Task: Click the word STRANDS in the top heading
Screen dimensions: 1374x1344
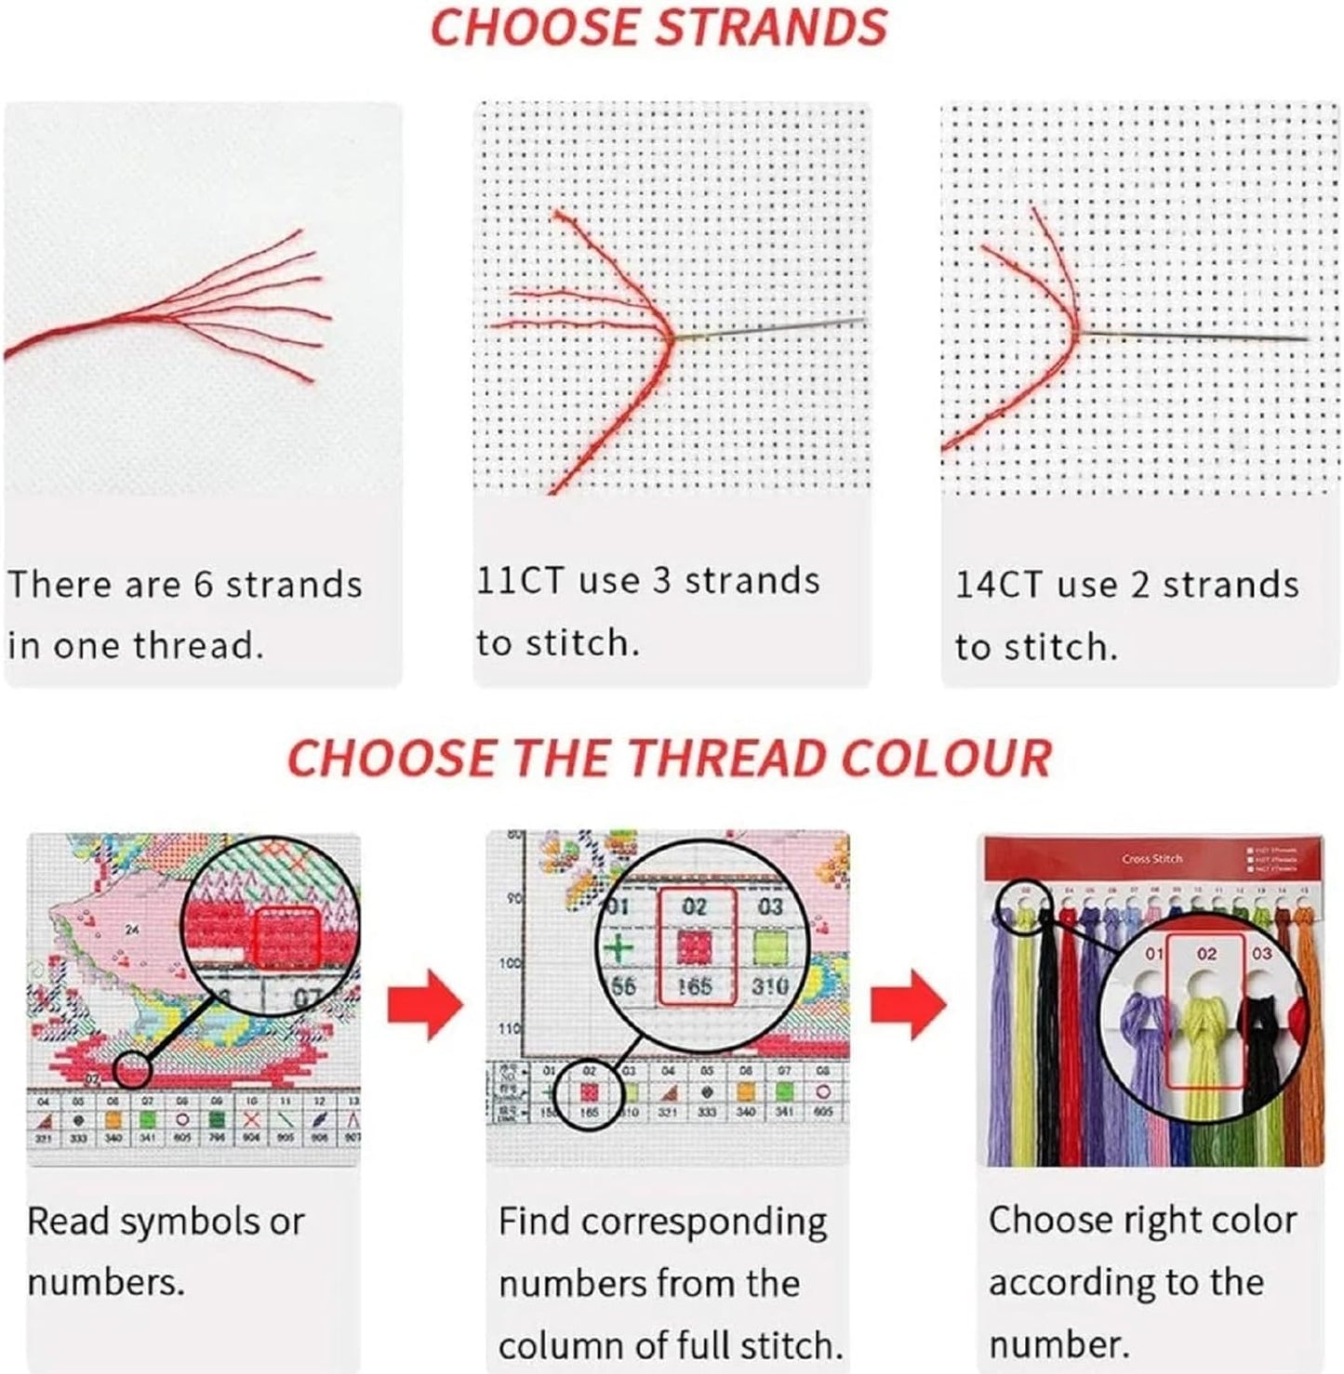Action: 771,27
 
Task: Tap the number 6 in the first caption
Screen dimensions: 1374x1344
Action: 204,585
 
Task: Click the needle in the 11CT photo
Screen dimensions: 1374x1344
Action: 772,330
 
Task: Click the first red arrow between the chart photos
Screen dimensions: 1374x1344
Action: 424,1004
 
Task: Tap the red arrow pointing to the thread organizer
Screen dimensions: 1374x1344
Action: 908,1004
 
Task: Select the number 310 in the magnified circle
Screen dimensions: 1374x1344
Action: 769,985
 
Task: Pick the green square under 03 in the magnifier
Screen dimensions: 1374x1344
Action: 769,946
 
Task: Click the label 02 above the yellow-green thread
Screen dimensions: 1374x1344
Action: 1206,954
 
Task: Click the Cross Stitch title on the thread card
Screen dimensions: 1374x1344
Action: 1151,859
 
